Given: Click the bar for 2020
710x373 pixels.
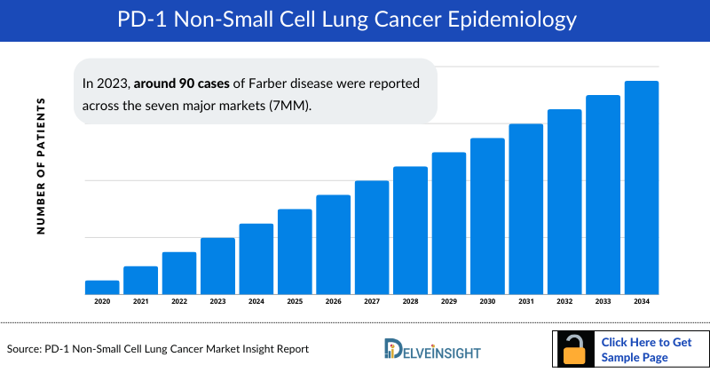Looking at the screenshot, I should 102,287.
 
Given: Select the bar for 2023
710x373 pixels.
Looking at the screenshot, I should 217,266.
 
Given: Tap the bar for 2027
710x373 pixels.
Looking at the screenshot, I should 372,237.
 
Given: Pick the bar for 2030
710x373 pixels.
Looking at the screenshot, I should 487,216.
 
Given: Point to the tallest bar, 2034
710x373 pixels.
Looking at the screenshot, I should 642,187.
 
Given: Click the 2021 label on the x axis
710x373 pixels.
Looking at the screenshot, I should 140,302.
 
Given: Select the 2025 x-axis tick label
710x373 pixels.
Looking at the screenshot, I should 295,302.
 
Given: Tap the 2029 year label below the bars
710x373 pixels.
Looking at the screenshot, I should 449,302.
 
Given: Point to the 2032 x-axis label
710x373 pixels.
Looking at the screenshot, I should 564,302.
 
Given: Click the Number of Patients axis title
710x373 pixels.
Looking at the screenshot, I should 41,167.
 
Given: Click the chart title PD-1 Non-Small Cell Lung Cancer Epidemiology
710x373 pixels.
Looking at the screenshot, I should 355,20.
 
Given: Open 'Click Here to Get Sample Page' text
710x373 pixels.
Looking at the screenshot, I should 646,349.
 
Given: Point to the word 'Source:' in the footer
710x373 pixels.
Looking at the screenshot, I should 27,349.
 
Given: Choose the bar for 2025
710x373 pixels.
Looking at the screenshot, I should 295,251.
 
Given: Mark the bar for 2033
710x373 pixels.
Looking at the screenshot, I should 603,194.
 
